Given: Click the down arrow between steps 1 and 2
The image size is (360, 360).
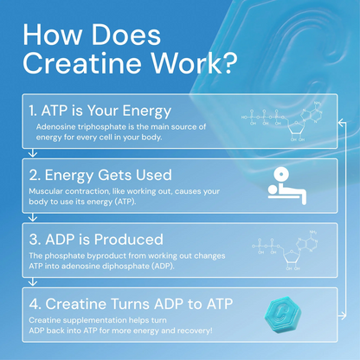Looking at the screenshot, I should [31, 152].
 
